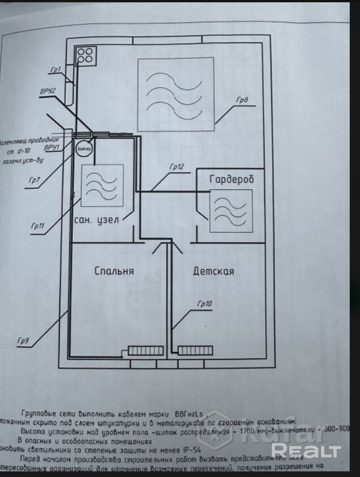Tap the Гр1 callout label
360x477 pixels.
coord(55,70)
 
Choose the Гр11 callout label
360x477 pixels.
coord(38,226)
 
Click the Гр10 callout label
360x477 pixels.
coord(205,304)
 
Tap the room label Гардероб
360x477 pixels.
coord(232,180)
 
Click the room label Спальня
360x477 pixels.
coord(114,271)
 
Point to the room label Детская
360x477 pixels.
coord(213,271)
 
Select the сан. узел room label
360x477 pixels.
coord(97,219)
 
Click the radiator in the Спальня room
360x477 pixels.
coord(145,351)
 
